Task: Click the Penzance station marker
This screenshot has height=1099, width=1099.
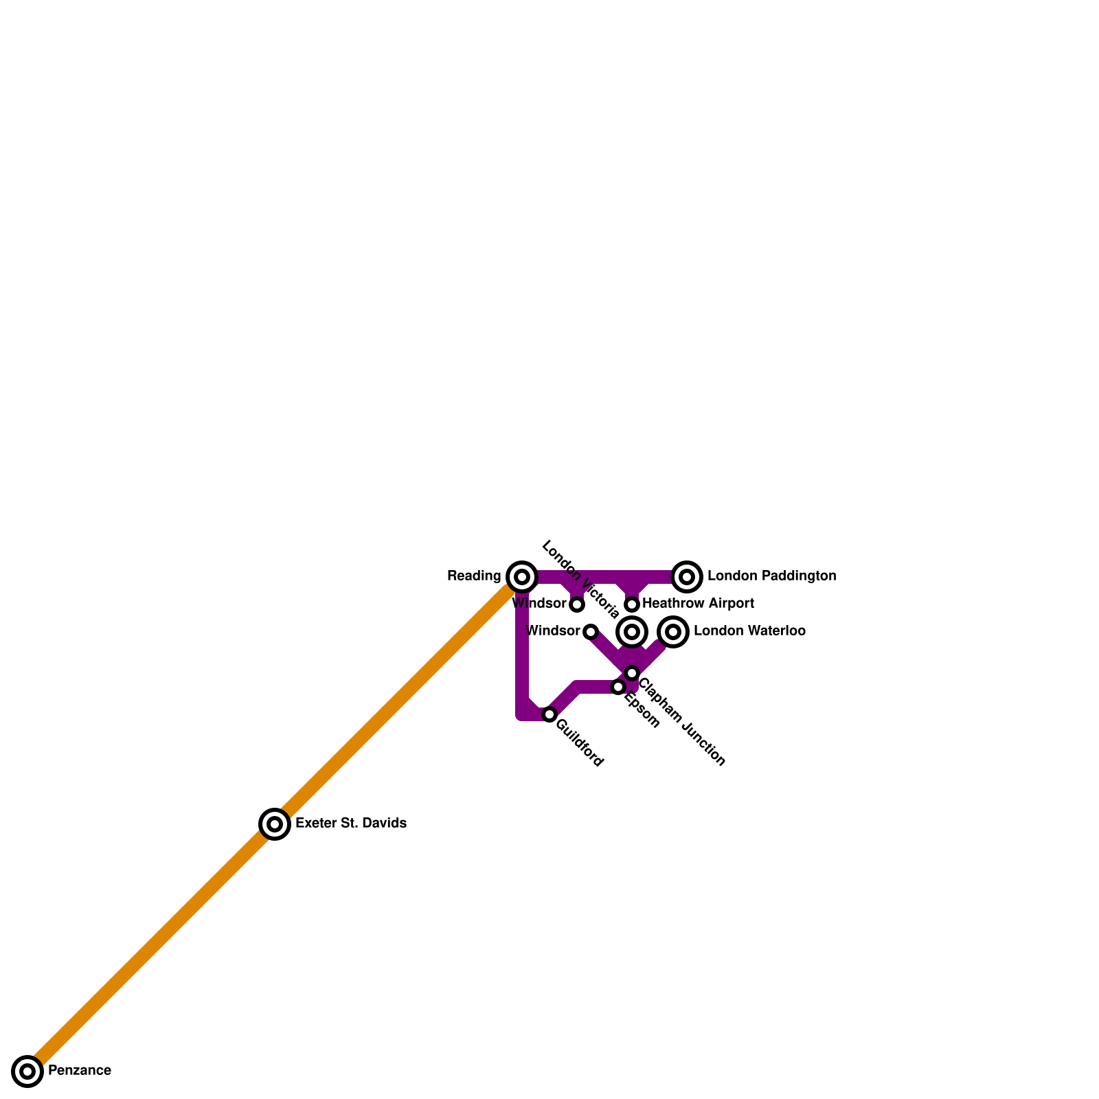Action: click(27, 1071)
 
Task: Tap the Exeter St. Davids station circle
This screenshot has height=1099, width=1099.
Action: click(275, 824)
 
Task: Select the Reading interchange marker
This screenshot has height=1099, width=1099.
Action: click(522, 576)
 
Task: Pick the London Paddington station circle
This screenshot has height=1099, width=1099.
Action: click(687, 576)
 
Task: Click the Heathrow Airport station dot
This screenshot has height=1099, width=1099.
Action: click(632, 604)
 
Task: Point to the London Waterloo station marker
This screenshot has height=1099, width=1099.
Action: click(673, 631)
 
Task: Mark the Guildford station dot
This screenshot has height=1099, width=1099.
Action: click(549, 714)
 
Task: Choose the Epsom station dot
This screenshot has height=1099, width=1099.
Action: click(618, 687)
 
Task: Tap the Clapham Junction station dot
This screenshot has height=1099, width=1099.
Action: click(632, 673)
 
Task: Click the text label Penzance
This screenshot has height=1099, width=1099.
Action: click(80, 1071)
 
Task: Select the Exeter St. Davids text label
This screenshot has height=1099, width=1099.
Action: click(351, 824)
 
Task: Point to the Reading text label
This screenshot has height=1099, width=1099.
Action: click(474, 576)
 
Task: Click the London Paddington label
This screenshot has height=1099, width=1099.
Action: click(771, 576)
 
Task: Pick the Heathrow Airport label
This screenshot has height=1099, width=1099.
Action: click(698, 604)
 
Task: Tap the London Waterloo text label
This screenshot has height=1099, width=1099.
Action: click(749, 631)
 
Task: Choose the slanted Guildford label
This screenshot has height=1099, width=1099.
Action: click(580, 743)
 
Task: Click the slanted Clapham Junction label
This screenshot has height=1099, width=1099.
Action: click(682, 722)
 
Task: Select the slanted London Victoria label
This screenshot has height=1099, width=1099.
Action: click(580, 579)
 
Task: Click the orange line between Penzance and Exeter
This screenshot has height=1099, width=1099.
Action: click(151, 947)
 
